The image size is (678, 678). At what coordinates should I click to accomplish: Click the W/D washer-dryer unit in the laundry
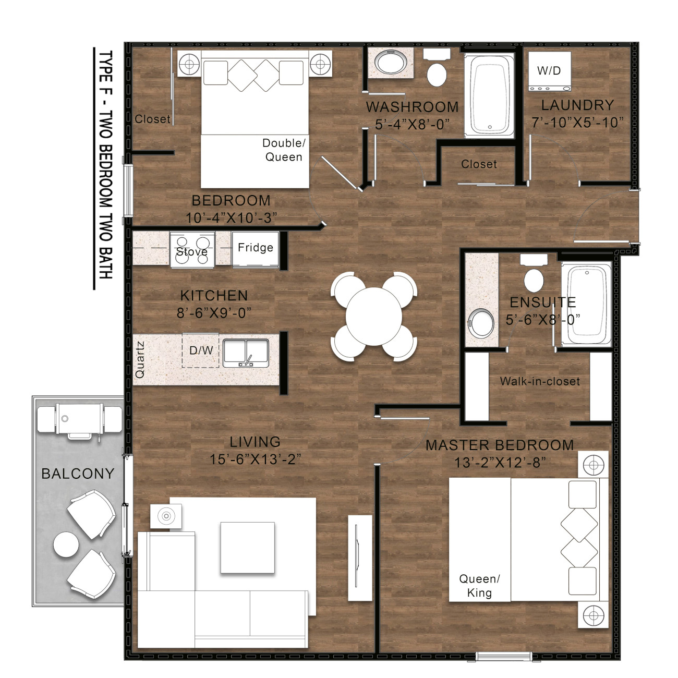click(x=549, y=71)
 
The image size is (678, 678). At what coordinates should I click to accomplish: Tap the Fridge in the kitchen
click(x=255, y=249)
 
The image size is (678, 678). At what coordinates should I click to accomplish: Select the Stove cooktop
click(x=192, y=250)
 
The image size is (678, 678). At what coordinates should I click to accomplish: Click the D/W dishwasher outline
click(x=201, y=350)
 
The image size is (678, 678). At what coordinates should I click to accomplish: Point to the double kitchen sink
click(x=246, y=353)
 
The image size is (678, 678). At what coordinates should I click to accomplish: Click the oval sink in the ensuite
click(x=481, y=323)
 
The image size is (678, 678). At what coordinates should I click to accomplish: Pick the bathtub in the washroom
click(x=489, y=95)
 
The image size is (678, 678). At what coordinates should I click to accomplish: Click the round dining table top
click(x=373, y=317)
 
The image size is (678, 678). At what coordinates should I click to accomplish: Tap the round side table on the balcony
click(x=66, y=544)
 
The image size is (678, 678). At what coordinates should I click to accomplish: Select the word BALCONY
click(x=78, y=474)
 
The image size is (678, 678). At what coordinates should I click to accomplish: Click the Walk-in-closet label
click(x=540, y=381)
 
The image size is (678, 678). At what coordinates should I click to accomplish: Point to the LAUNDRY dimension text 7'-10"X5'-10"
click(x=578, y=123)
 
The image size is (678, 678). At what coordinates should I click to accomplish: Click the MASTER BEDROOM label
click(x=500, y=445)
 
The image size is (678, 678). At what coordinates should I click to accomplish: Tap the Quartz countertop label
click(x=140, y=359)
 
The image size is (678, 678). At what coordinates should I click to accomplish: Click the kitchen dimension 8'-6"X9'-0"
click(x=214, y=313)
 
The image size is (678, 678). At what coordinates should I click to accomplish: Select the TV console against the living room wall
click(x=360, y=558)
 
